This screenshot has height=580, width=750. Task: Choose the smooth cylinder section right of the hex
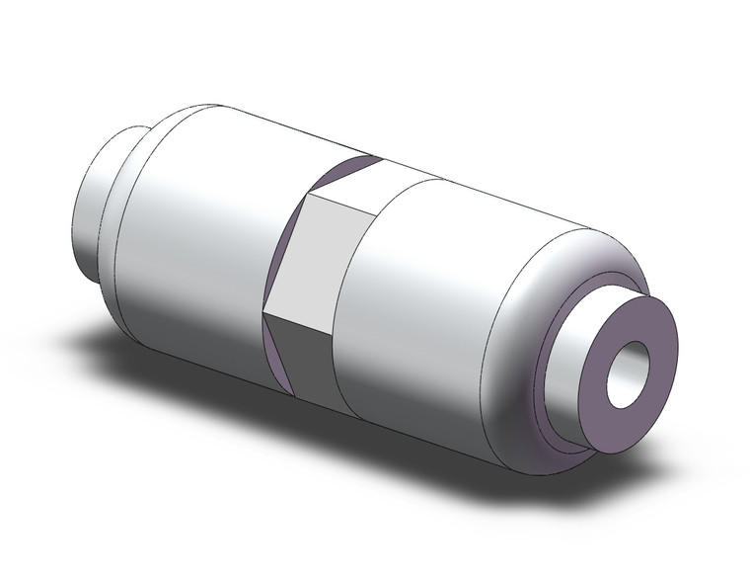424,296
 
